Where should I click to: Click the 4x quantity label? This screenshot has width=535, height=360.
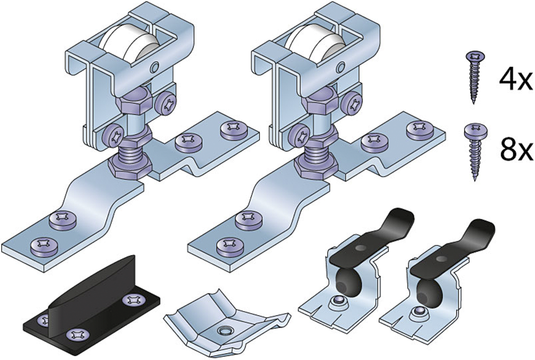click(x=515, y=80)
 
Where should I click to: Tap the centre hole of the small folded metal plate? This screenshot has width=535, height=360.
click(x=224, y=330)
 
